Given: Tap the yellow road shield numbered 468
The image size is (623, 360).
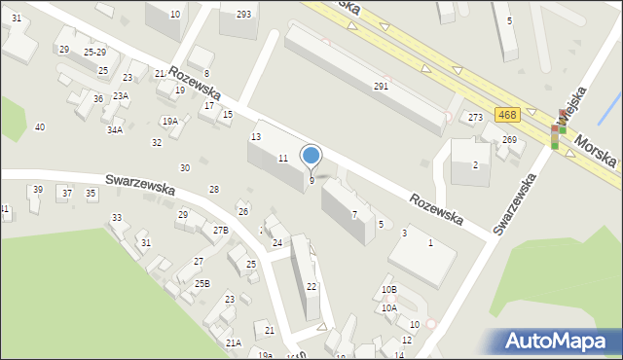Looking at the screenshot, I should [506, 115].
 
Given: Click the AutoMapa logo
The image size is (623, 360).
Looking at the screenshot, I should [561, 341].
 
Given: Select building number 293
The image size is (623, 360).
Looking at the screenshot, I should [243, 14].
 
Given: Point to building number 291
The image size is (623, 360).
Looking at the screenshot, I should [382, 87].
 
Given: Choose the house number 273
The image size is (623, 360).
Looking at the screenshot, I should [475, 118].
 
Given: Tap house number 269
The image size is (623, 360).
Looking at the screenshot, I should [509, 140].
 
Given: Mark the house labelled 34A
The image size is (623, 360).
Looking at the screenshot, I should [115, 129].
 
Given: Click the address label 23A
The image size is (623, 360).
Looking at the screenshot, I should [121, 95].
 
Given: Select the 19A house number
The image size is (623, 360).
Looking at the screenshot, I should [170, 122].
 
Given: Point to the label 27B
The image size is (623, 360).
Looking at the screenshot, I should [221, 231].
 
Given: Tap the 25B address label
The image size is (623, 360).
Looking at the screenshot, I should [202, 283].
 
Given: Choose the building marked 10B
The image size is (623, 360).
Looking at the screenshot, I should [389, 289].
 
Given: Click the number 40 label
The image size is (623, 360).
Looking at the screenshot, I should [40, 127].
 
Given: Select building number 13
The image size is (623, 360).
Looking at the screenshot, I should [256, 137].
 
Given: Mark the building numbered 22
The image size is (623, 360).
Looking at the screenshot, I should [311, 286].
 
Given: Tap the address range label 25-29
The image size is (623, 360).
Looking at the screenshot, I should [94, 52].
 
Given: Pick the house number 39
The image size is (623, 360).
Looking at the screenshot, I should [38, 190].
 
